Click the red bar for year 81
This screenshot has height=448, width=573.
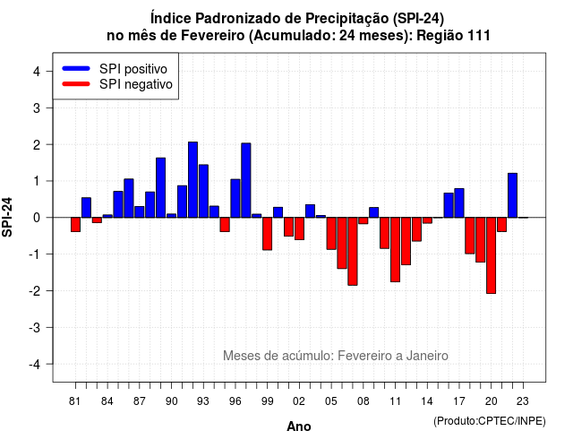75,225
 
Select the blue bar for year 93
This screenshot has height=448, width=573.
203,191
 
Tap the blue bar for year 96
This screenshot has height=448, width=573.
235,198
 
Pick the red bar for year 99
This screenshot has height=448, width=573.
268,234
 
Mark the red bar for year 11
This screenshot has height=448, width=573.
396,250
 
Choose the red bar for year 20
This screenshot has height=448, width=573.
492,255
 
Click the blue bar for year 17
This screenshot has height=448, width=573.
459,203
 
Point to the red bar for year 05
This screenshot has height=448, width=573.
331,234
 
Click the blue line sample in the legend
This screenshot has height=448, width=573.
76,68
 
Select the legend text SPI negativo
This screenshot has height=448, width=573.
136,84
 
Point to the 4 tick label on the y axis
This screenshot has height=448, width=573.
37,72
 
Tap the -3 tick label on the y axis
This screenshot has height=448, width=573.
35,327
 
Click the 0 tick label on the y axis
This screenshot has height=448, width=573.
37,218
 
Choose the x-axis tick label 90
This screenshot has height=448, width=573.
171,401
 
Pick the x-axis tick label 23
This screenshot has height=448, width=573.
523,401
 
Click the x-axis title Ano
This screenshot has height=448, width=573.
299,426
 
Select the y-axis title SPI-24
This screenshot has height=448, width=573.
7,217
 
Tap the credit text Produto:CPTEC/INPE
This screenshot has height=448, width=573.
490,421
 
